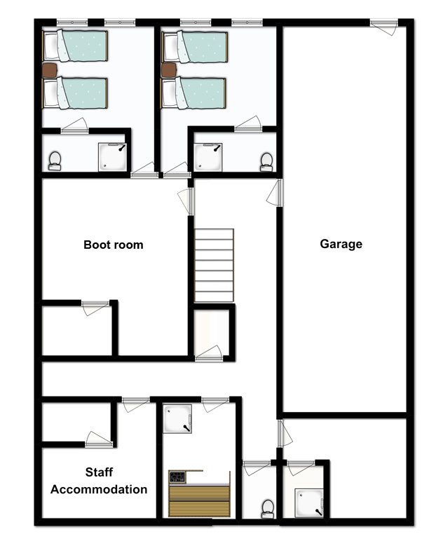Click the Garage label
pyautogui.click(x=341, y=244)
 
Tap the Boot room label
pyautogui.click(x=114, y=245)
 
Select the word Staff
pyautogui.click(x=99, y=472)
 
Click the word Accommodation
pyautogui.click(x=99, y=489)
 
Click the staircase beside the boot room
pyautogui.click(x=214, y=265)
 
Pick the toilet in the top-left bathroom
pyautogui.click(x=55, y=161)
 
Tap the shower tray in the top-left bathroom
pyautogui.click(x=112, y=156)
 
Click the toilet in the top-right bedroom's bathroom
pyautogui.click(x=266, y=162)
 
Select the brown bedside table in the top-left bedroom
pyautogui.click(x=50, y=70)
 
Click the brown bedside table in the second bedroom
pyautogui.click(x=169, y=70)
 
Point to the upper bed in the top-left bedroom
pyautogui.click(x=75, y=46)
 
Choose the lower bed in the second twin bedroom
pyautogui.click(x=193, y=93)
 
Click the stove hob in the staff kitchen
pyautogui.click(x=177, y=477)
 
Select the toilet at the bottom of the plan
pyautogui.click(x=268, y=509)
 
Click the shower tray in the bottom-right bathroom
pyautogui.click(x=308, y=503)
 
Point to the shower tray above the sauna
pyautogui.click(x=177, y=418)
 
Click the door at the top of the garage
pyautogui.click(x=384, y=27)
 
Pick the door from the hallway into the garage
pyautogui.click(x=275, y=193)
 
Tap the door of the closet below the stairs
pyautogui.click(x=209, y=353)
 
